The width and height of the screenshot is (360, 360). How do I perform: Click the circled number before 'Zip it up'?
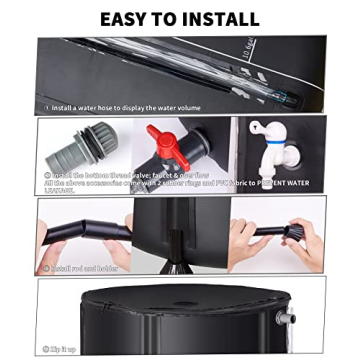click(x=46, y=349)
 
